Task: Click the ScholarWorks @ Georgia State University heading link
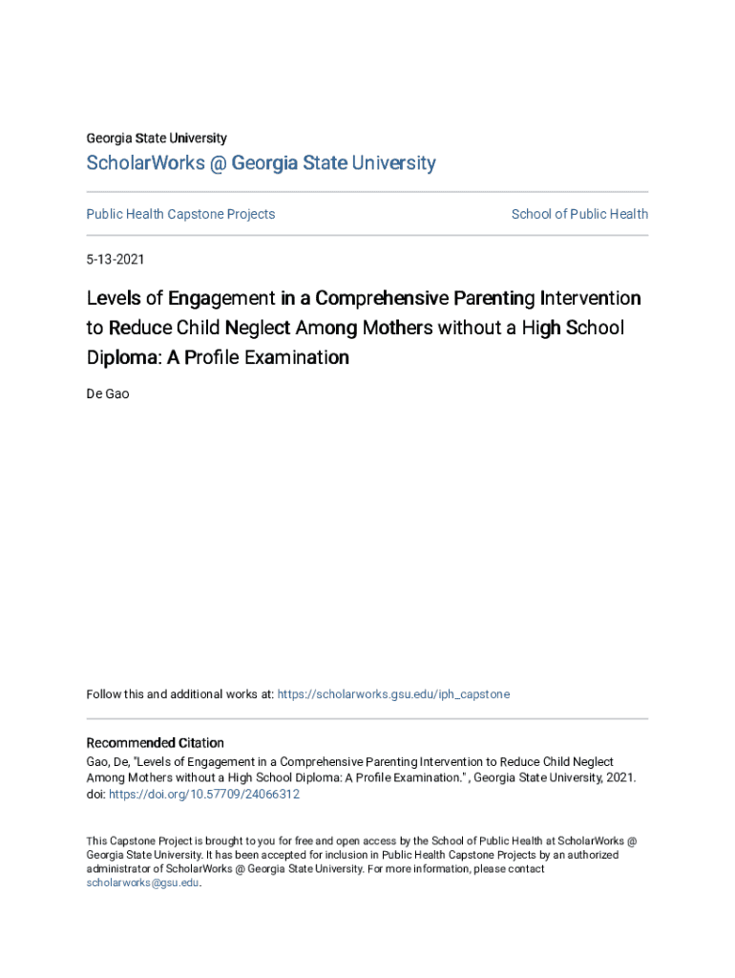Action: click(261, 163)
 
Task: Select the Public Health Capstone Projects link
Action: click(180, 214)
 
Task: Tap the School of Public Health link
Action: click(579, 214)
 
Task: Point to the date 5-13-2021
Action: click(115, 259)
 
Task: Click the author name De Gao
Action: click(108, 393)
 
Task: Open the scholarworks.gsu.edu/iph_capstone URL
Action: click(393, 694)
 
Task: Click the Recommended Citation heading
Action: click(156, 743)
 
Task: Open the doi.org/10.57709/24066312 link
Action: click(204, 794)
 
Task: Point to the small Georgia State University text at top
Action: click(157, 138)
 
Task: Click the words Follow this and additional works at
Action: click(179, 694)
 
